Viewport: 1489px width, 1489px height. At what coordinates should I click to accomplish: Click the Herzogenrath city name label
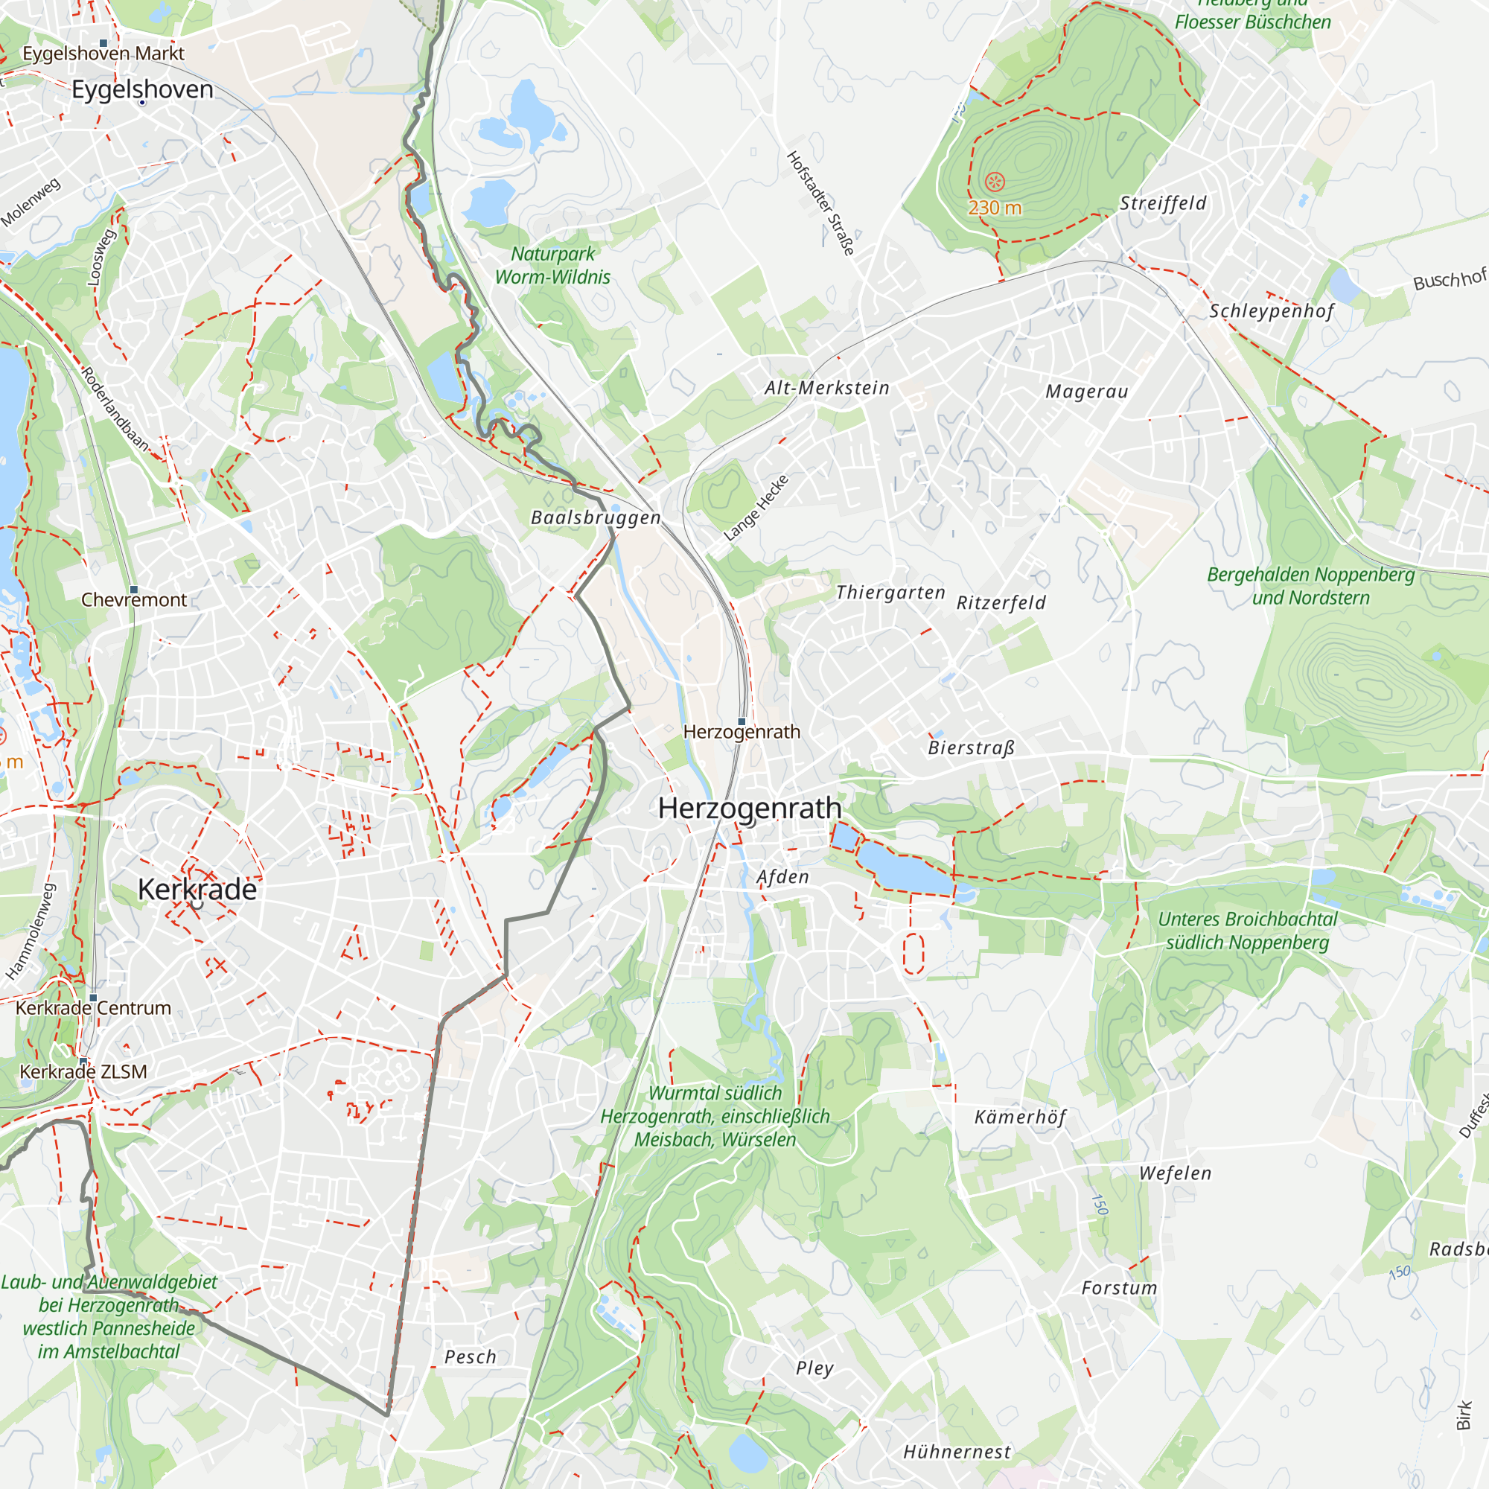coord(749,808)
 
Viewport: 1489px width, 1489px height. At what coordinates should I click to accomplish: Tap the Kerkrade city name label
coord(197,890)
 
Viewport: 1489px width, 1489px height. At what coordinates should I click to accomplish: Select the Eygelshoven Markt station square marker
coord(103,44)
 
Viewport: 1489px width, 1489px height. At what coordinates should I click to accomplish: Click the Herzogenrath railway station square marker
coord(742,721)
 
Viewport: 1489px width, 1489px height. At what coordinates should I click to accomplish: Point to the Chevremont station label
coord(133,599)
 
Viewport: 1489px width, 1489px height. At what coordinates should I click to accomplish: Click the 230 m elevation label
coord(994,208)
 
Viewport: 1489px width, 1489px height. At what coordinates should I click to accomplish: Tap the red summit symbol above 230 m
coord(994,182)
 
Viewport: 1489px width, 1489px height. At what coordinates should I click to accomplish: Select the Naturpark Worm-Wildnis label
coord(552,265)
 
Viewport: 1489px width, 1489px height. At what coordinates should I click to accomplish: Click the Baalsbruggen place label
coord(595,518)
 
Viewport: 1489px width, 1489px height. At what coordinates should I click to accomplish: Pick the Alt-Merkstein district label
coord(826,388)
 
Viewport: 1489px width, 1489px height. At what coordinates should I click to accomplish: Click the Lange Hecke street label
coord(756,508)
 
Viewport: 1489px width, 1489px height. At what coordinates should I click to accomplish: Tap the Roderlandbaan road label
coord(115,409)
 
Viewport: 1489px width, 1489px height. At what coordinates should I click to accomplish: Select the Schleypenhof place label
coord(1271,311)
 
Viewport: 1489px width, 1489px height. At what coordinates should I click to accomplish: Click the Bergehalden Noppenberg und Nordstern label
coord(1310,586)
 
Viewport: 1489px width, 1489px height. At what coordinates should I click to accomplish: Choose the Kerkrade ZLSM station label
coord(83,1071)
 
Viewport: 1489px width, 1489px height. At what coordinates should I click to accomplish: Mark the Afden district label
coord(782,877)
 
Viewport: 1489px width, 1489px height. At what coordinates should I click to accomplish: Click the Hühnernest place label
coord(957,1452)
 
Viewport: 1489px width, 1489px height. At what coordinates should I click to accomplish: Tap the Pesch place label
coord(470,1357)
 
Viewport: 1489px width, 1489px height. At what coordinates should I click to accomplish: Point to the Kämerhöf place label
coord(1020,1117)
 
